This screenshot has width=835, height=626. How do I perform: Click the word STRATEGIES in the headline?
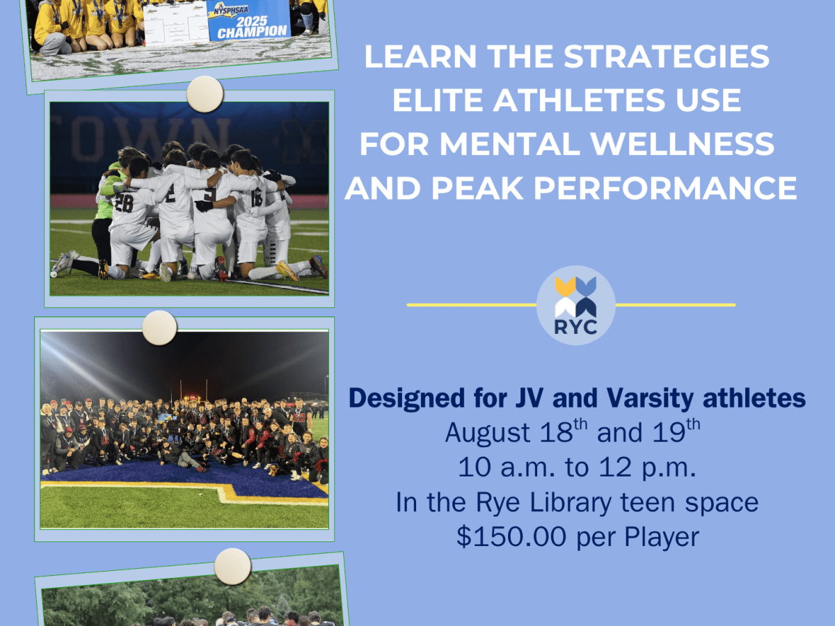tap(667, 56)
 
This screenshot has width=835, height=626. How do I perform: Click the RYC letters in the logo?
tap(575, 327)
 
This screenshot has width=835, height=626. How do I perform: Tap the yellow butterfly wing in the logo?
tap(565, 287)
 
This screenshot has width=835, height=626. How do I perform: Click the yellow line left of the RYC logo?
tap(472, 305)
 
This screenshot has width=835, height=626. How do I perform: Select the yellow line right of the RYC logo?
tap(675, 305)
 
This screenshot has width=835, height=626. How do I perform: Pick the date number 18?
tap(556, 433)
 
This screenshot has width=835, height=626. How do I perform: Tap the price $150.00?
tap(511, 537)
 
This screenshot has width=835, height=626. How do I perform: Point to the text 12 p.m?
tap(647, 468)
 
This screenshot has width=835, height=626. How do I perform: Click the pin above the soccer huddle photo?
tap(205, 94)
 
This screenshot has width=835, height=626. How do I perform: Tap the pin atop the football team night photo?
tap(159, 328)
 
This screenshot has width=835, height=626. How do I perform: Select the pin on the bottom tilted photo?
tap(232, 566)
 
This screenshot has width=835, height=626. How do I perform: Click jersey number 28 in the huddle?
tap(124, 203)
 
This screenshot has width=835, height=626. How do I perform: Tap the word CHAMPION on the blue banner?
tap(252, 32)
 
